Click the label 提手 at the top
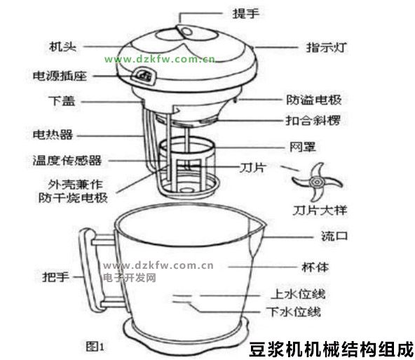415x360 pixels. [245, 13]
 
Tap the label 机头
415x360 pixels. [62, 46]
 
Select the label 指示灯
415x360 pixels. [326, 48]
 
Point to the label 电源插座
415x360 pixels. [60, 76]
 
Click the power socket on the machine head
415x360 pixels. [144, 76]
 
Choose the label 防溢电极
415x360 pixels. [314, 100]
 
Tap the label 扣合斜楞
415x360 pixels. [313, 121]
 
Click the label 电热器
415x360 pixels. [53, 135]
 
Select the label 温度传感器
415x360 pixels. [67, 161]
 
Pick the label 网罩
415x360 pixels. [303, 147]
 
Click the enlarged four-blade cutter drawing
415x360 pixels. [317, 182]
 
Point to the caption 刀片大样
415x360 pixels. [320, 211]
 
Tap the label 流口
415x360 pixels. [334, 236]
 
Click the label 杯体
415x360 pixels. [315, 267]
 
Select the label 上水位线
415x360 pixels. [299, 294]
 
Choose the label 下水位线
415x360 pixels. [294, 312]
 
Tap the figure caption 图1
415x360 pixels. [95, 346]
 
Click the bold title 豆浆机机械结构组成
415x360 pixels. [332, 349]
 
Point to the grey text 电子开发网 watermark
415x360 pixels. [130, 278]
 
